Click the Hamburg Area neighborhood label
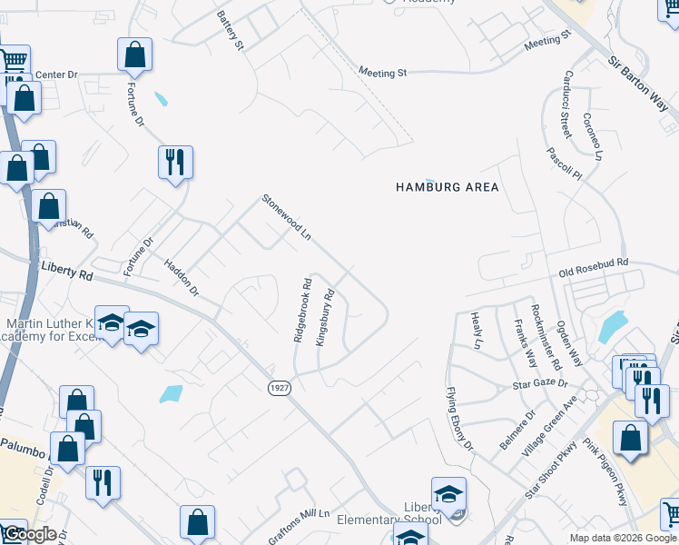[x=448, y=187]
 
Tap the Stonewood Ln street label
[x=287, y=217]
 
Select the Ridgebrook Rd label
[x=303, y=311]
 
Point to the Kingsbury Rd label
[x=326, y=317]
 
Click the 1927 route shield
[x=280, y=388]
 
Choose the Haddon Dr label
[x=182, y=277]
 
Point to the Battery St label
[x=231, y=30]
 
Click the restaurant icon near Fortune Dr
[x=173, y=163]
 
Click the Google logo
[x=29, y=534]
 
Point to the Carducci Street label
[x=565, y=104]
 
